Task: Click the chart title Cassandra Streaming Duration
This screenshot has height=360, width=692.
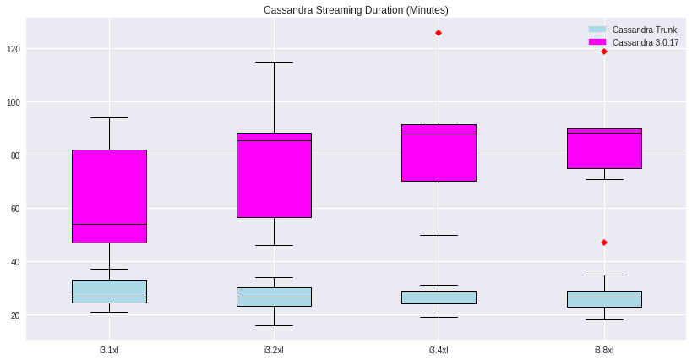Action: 356,10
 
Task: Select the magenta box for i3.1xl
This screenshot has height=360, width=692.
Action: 109,196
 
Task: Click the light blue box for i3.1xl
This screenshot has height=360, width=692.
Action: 109,291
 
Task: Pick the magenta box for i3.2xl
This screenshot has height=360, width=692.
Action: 274,175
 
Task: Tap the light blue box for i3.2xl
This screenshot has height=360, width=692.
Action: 274,297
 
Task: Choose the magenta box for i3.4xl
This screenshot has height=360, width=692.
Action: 439,153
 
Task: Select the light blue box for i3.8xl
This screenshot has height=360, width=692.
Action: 603,299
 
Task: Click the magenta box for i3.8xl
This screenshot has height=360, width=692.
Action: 603,149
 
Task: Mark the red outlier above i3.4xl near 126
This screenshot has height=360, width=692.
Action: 439,33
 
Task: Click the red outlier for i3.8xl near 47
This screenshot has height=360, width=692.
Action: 603,243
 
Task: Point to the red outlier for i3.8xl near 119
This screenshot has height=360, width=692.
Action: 603,52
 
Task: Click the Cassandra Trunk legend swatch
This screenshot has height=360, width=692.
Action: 597,30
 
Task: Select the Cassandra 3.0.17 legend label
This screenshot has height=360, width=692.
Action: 645,42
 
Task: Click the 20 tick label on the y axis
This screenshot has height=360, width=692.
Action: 14,315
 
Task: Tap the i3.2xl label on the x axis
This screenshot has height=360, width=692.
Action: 274,349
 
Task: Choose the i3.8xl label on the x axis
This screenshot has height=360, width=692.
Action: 603,349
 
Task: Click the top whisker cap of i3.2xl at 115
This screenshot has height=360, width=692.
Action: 274,62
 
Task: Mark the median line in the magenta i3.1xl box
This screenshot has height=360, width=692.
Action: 109,224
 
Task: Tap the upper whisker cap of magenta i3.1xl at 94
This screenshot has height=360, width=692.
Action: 109,117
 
